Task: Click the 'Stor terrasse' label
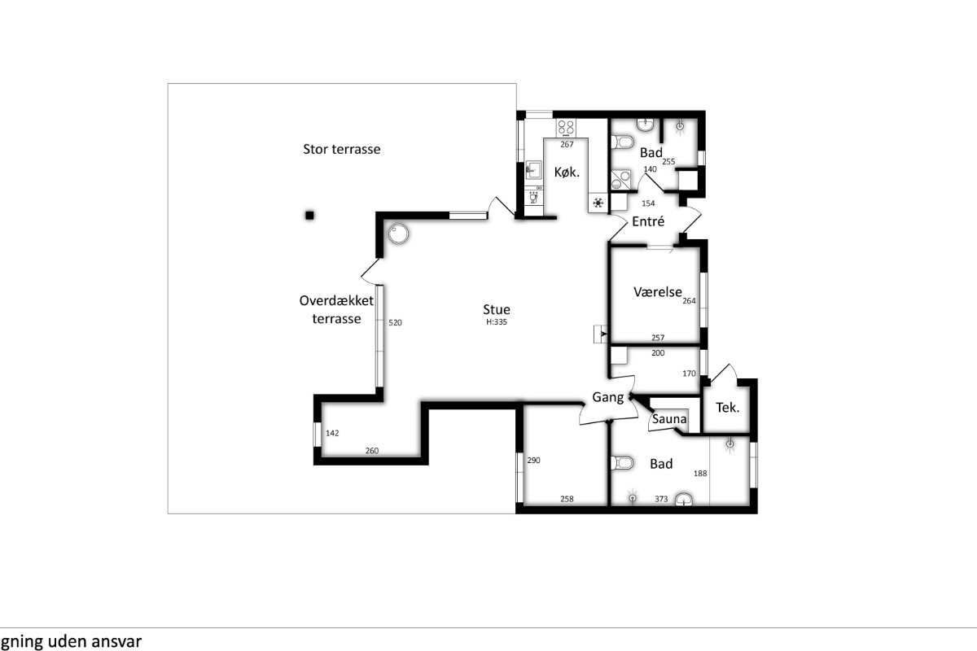[x=341, y=149]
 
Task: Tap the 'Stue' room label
[x=497, y=309]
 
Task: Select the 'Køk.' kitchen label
[x=567, y=173]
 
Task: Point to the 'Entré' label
[x=648, y=221]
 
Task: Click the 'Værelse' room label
[x=658, y=291]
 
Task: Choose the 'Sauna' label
[x=669, y=419]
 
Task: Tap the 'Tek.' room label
[x=728, y=408]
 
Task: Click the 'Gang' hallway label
[x=608, y=397]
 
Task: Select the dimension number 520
[x=395, y=323]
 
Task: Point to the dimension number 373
[x=661, y=499]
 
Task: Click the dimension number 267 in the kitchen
[x=567, y=144]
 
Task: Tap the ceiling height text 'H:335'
[x=497, y=322]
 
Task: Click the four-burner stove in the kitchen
[x=566, y=127]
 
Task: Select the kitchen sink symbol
[x=533, y=169]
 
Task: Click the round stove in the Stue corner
[x=398, y=234]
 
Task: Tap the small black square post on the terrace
[x=309, y=215]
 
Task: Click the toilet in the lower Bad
[x=622, y=463]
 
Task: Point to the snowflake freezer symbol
[x=598, y=203]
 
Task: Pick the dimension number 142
[x=332, y=433]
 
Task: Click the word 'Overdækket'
[x=336, y=300]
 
